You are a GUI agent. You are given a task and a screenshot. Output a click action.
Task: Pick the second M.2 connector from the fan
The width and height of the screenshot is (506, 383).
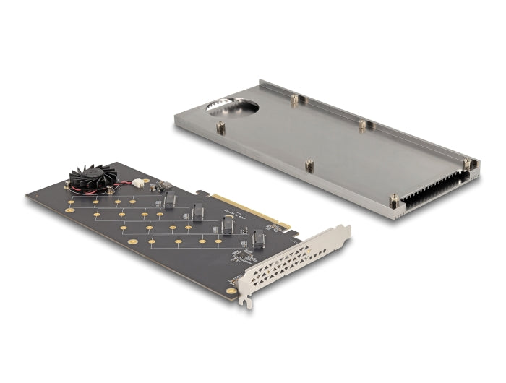click(x=197, y=212)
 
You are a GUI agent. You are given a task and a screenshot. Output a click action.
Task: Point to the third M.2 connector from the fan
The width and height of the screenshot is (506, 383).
click(x=227, y=225)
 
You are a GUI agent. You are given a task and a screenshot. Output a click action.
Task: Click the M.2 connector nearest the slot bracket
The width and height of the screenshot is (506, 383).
click(x=258, y=239)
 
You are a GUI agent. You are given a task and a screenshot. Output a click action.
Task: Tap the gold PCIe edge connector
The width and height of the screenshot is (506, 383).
click(x=249, y=210)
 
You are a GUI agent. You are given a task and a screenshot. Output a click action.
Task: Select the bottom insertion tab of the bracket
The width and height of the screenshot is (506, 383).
click(x=248, y=301)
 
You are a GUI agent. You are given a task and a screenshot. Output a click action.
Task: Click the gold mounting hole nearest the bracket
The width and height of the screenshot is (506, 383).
click(x=231, y=291)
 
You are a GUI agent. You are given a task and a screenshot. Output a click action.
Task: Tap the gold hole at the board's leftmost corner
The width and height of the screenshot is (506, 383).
click(x=70, y=210)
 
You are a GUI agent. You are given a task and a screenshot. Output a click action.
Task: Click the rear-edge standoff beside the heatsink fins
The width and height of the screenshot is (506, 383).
click(x=467, y=164)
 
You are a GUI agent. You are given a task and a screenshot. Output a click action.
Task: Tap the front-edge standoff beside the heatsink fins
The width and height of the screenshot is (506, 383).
click(x=394, y=199)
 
